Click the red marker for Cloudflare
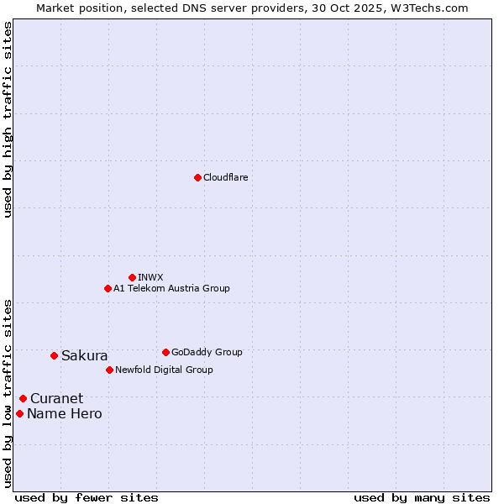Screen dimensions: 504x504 tap(197, 177)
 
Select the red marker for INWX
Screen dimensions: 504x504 tap(132, 277)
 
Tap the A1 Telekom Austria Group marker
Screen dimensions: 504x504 tap(108, 288)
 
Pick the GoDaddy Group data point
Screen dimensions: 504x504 tap(165, 352)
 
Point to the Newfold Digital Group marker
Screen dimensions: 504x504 tap(109, 370)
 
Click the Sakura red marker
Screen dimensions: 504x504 tap(54, 355)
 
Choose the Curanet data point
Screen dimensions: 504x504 tap(23, 398)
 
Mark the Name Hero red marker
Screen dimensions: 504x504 tap(19, 413)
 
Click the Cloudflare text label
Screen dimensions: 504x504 tap(225, 177)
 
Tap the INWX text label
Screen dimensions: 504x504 tap(150, 277)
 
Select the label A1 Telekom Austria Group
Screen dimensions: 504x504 tap(171, 288)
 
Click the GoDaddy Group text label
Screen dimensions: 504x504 tap(207, 352)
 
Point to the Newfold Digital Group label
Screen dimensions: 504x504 tap(164, 370)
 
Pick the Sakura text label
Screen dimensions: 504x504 tap(84, 355)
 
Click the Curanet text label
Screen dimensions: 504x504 tap(56, 398)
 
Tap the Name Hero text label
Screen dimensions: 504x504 tap(64, 413)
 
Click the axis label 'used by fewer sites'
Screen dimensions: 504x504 tap(87, 497)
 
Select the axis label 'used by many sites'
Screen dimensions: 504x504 tap(422, 497)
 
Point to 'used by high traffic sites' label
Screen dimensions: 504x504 tap(8, 119)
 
